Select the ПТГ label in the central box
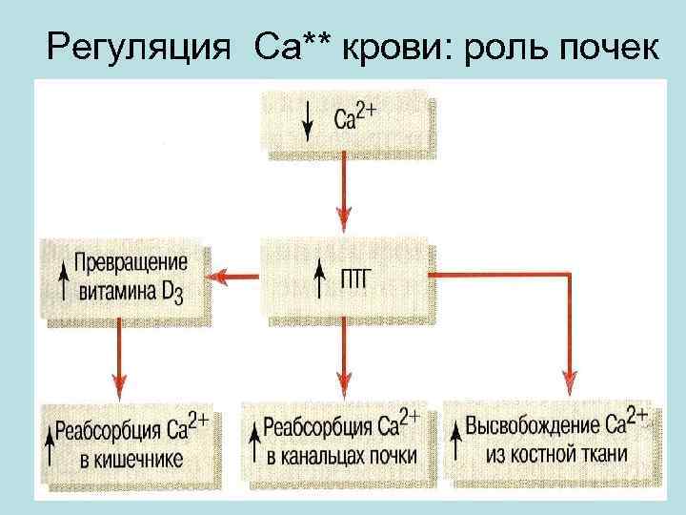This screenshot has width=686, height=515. (x=359, y=278)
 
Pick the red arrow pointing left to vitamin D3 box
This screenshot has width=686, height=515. (x=233, y=277)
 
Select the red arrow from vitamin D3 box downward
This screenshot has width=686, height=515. (x=119, y=358)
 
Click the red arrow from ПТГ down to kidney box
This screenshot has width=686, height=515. (x=345, y=358)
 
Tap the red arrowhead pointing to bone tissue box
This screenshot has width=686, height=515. (x=570, y=381)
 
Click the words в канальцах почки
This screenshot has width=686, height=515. (x=341, y=457)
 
